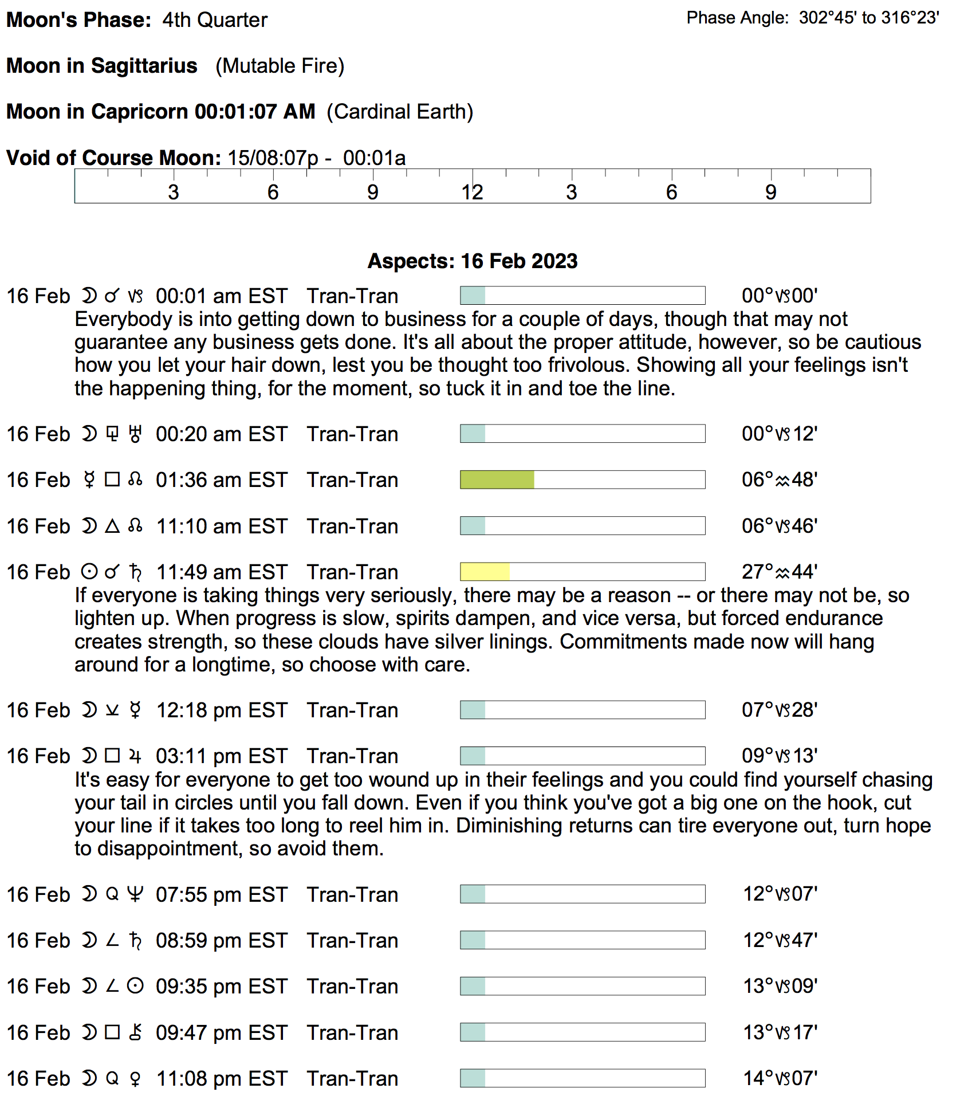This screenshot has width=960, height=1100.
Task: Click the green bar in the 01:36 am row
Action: click(x=497, y=480)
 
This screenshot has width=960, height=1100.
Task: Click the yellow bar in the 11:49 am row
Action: click(x=485, y=572)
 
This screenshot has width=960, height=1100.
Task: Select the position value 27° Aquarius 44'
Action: click(x=779, y=572)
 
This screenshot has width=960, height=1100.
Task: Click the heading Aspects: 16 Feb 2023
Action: click(x=473, y=261)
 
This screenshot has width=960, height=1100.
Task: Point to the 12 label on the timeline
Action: click(x=473, y=192)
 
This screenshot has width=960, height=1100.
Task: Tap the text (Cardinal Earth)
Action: click(x=400, y=112)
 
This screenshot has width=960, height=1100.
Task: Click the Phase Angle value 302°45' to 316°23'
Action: click(x=868, y=18)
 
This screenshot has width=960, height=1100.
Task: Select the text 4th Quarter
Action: click(x=215, y=20)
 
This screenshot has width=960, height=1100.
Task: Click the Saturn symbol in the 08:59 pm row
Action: click(x=135, y=941)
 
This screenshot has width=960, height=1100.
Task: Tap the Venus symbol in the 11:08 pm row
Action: click(x=135, y=1079)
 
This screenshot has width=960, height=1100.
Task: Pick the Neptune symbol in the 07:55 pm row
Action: click(x=135, y=894)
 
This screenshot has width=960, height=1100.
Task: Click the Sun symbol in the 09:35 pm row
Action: click(x=135, y=987)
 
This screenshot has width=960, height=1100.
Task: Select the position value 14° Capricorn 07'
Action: click(x=780, y=1078)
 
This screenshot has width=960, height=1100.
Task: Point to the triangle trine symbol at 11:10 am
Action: click(x=112, y=526)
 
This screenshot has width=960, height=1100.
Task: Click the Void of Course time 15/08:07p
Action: click(x=273, y=158)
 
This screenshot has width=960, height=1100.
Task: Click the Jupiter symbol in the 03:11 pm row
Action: click(x=135, y=756)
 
